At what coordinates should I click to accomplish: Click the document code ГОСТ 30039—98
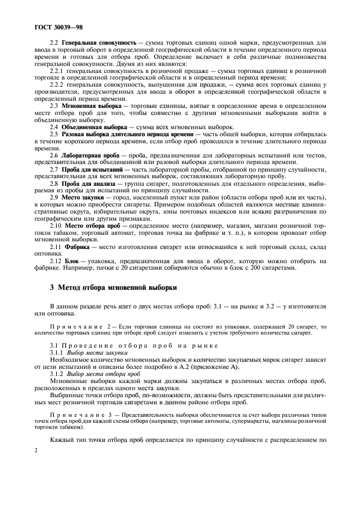[59, 26]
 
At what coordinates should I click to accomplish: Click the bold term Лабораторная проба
[87, 155]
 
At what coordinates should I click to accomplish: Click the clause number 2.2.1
[57, 70]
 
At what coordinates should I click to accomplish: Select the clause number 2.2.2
[57, 84]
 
